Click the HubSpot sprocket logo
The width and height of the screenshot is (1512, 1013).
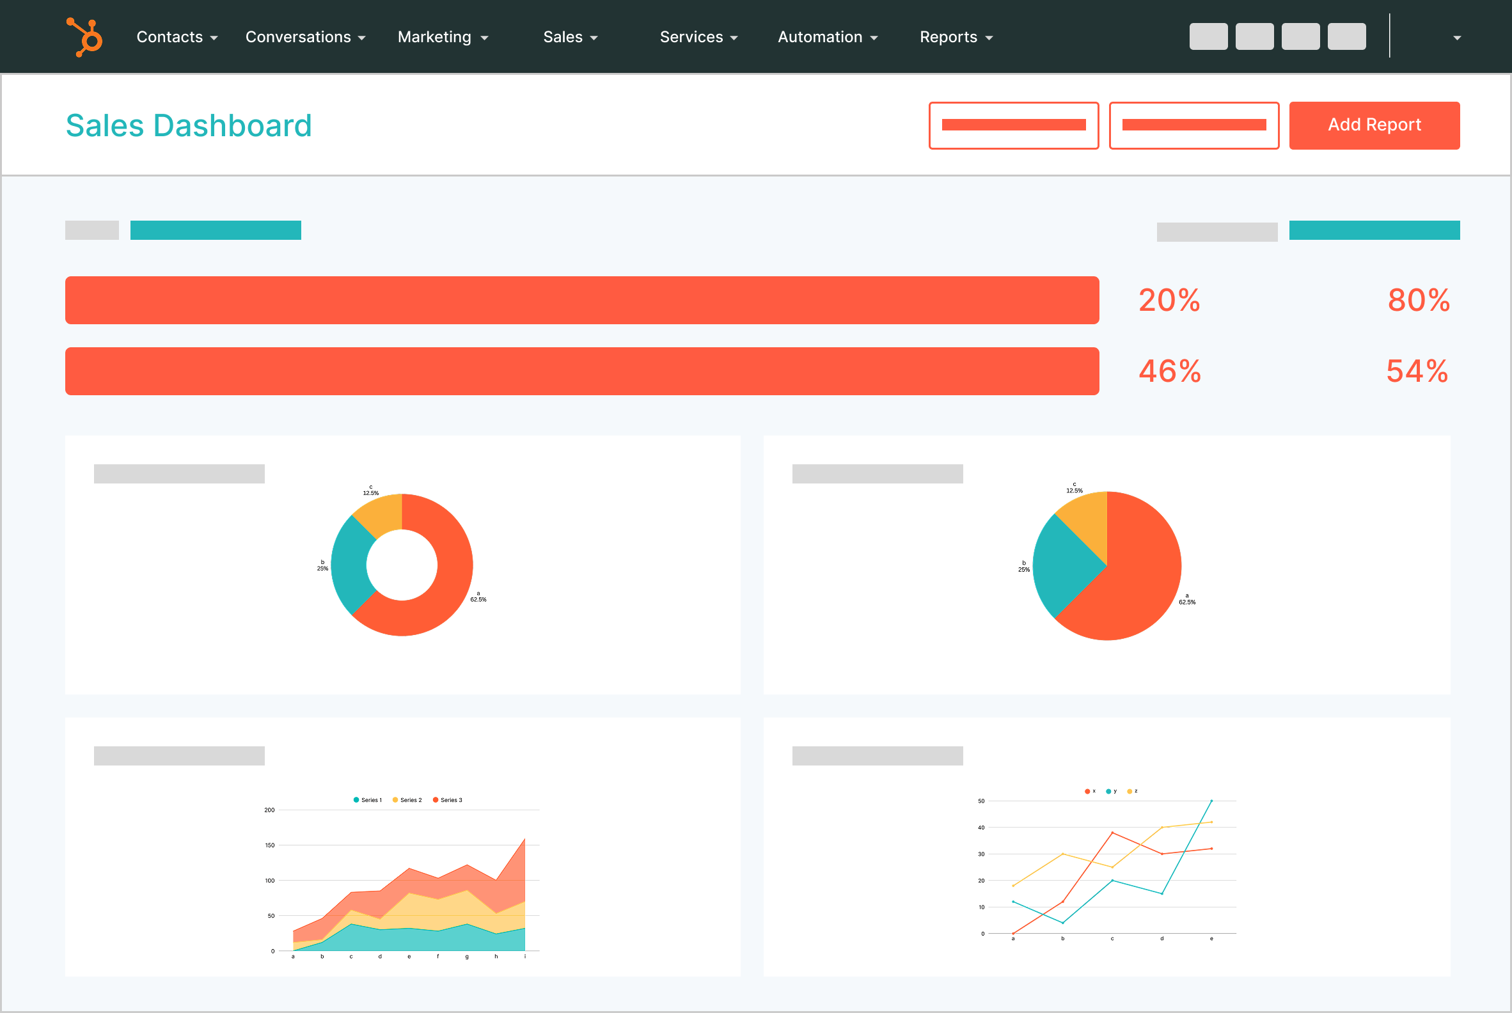[x=85, y=37]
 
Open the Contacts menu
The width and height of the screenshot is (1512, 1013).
[x=177, y=38]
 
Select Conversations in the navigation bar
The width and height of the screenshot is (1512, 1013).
[x=305, y=38]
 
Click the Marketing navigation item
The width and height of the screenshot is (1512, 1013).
[x=443, y=38]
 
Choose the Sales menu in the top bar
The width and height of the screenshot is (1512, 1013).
[x=570, y=38]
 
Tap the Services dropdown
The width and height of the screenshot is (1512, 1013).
[x=698, y=38]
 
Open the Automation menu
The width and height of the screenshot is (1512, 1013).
[x=827, y=38]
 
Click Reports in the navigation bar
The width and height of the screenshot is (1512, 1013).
[x=956, y=38]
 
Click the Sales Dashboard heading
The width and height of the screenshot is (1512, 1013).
[x=189, y=125]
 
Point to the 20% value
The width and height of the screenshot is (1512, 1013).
[x=1169, y=301]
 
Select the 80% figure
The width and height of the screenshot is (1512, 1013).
[x=1419, y=301]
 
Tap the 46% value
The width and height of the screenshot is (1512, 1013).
[x=1170, y=372]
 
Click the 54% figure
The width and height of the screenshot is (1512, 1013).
[x=1417, y=372]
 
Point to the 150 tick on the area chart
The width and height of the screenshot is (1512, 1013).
[x=269, y=845]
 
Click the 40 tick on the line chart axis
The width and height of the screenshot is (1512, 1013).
[x=981, y=828]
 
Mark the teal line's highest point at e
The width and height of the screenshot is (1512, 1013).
[x=1211, y=801]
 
